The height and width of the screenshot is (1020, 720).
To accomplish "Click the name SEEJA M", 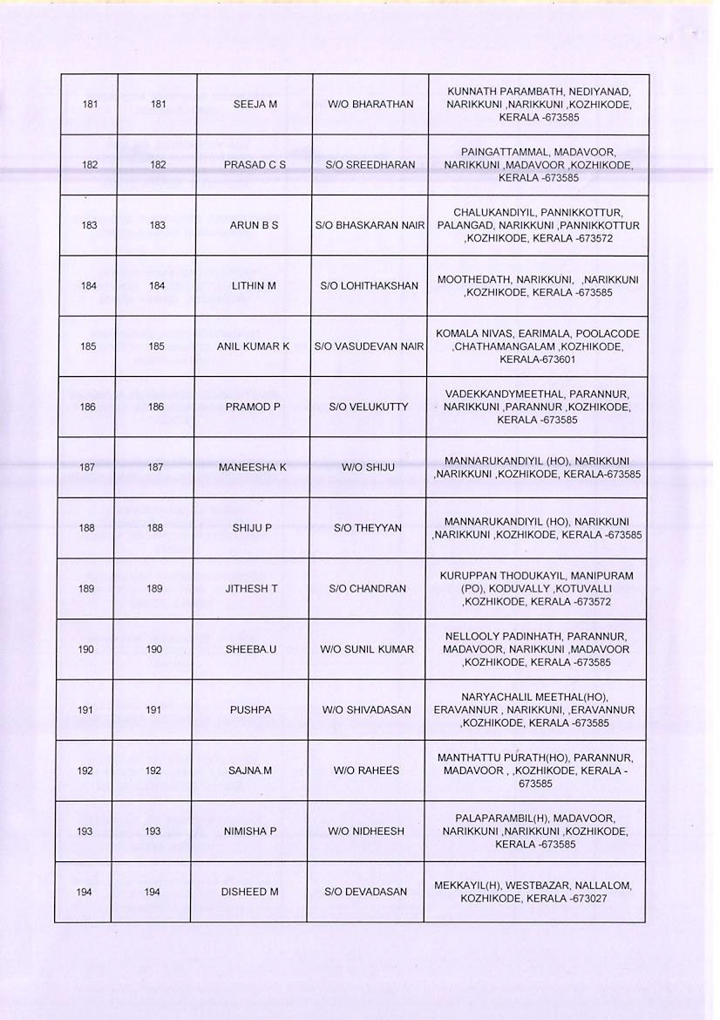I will coord(255,105).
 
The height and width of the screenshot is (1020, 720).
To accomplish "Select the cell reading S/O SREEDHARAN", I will coord(370,165).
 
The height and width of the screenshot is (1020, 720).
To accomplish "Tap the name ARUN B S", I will coord(254,225).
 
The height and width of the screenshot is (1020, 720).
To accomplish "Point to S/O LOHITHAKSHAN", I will coord(370,285).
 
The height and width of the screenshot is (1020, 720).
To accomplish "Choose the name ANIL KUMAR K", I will coord(253,346).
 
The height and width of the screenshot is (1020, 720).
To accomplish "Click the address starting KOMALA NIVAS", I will coord(537,346).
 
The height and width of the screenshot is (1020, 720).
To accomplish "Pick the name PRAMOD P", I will coord(252,407).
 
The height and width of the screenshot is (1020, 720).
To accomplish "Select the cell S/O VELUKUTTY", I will coord(369,407).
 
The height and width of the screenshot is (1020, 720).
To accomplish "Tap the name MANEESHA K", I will coord(252,468).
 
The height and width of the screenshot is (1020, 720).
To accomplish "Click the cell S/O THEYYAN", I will coord(368,528).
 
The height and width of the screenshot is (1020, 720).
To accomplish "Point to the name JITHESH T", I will coord(251,589).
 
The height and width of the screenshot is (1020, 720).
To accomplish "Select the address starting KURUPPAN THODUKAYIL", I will coord(537,589).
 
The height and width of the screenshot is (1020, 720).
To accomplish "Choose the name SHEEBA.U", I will coord(250,649).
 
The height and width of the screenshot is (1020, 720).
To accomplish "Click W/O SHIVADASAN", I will coord(367,710).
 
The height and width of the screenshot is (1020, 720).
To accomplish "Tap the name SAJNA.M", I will coord(250,771).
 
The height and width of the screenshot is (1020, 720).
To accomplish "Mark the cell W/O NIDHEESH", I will coord(366,832).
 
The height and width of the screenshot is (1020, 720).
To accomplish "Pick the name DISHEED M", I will coord(249,892).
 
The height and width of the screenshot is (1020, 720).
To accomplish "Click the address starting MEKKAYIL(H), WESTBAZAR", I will coord(533,892).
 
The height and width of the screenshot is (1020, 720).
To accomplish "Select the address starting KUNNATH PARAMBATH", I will coord(539,105).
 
